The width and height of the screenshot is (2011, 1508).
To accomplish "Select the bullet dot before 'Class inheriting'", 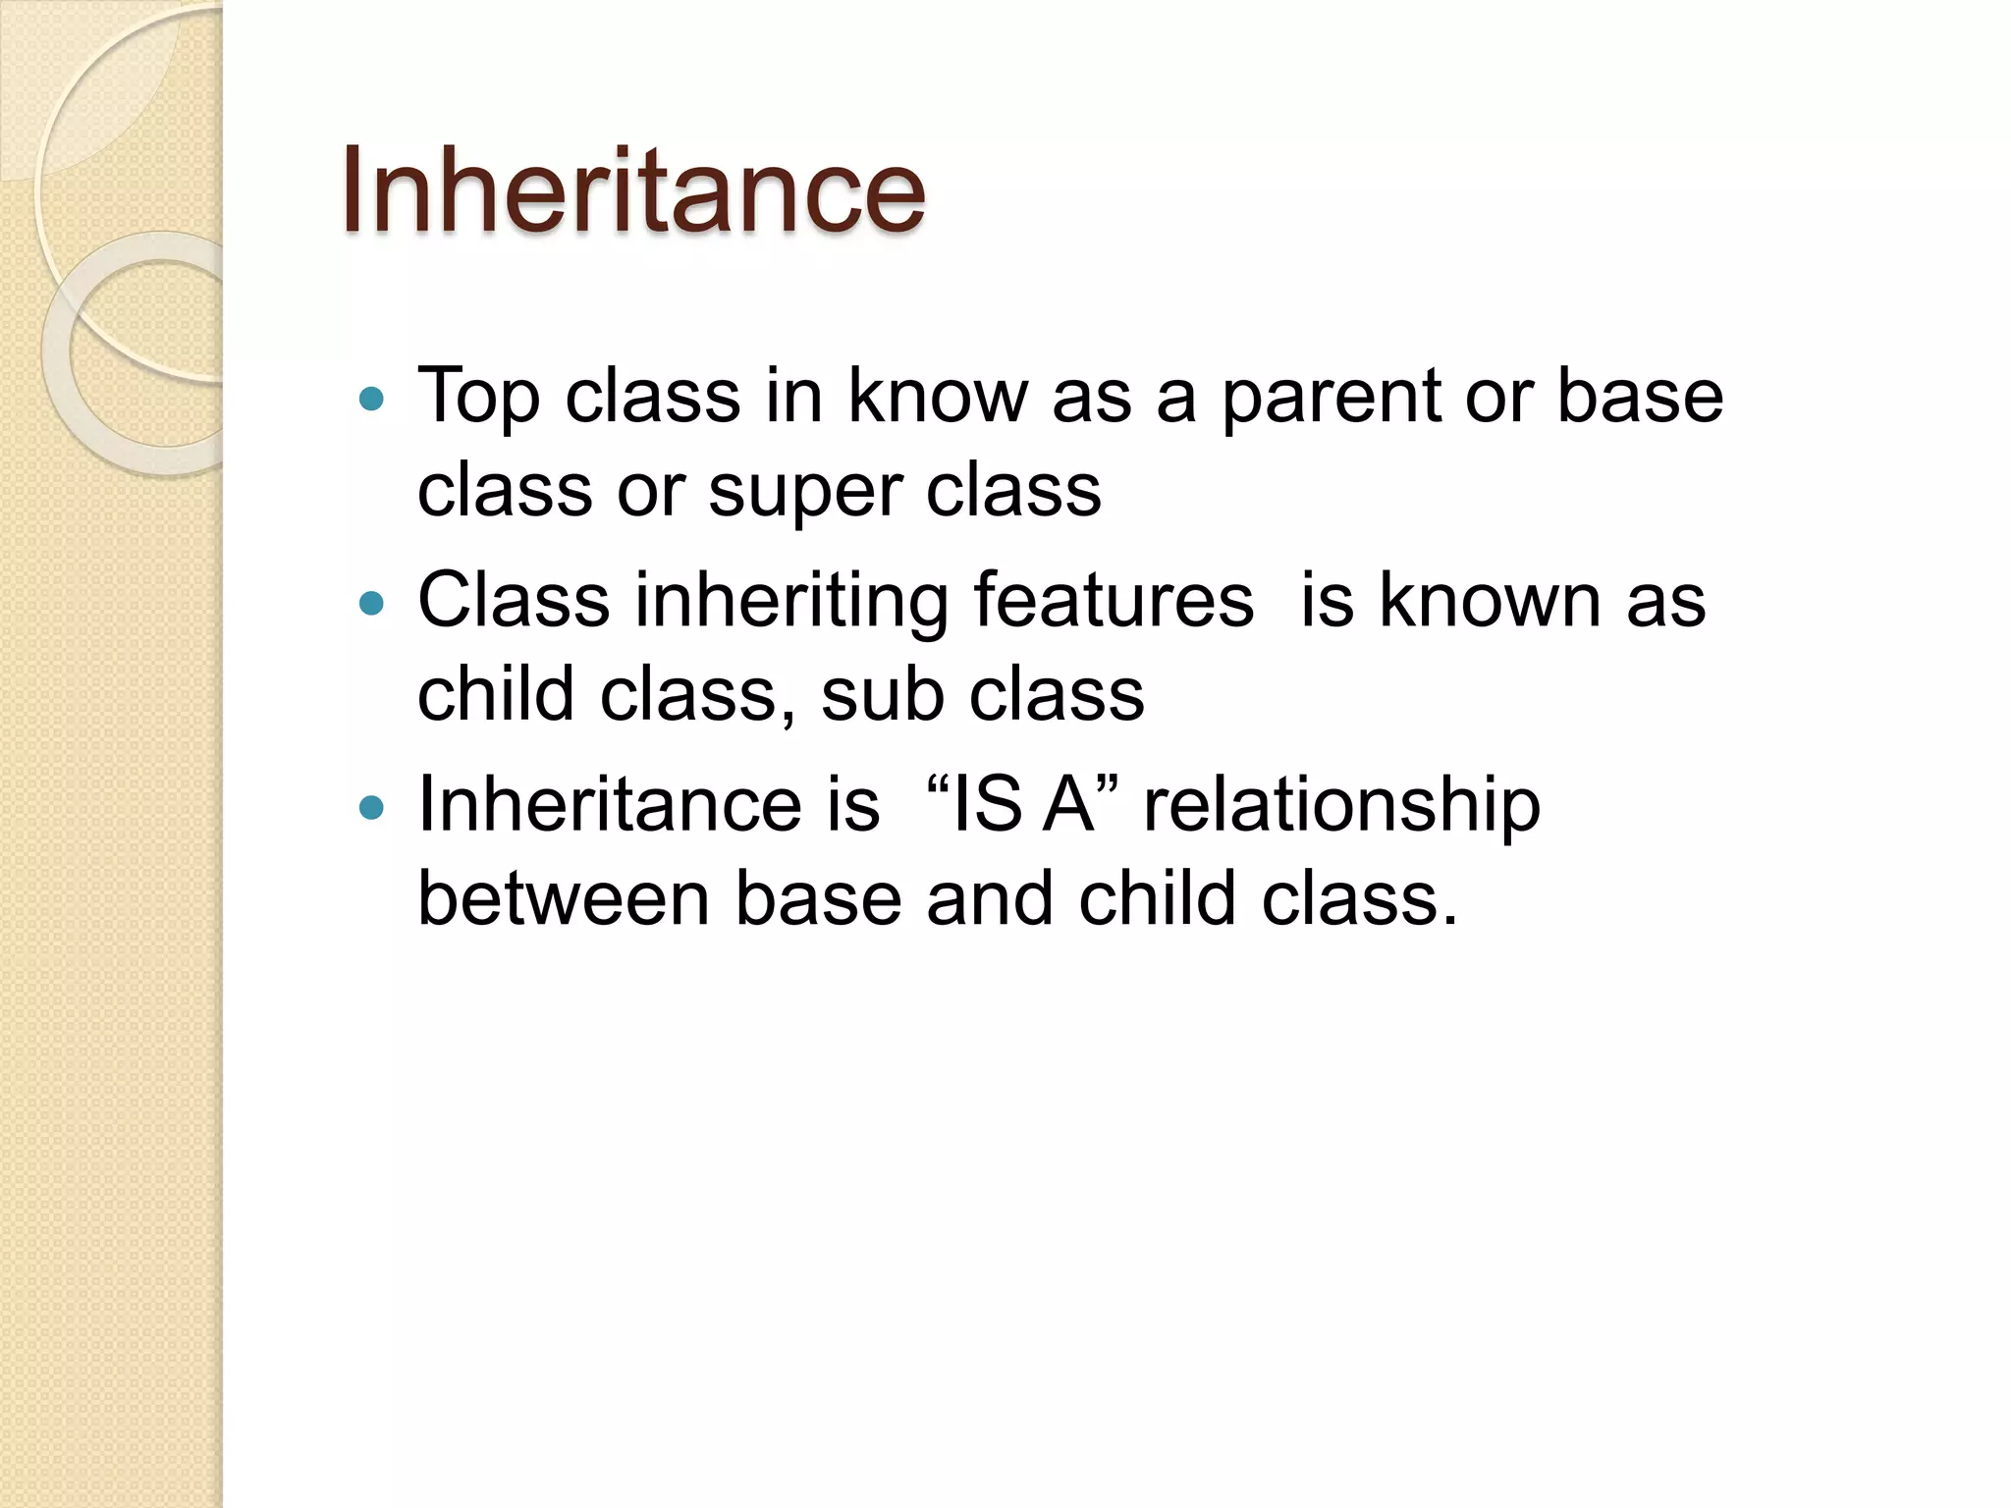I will pos(371,603).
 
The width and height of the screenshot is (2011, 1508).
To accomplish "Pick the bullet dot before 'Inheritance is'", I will pos(371,808).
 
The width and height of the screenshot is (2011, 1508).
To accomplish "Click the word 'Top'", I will pos(478,398).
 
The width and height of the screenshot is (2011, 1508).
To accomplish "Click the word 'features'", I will pos(1113,600).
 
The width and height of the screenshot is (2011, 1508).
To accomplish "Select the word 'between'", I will pos(564,898).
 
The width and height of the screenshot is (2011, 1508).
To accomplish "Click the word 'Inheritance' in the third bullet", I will pos(610,804).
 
